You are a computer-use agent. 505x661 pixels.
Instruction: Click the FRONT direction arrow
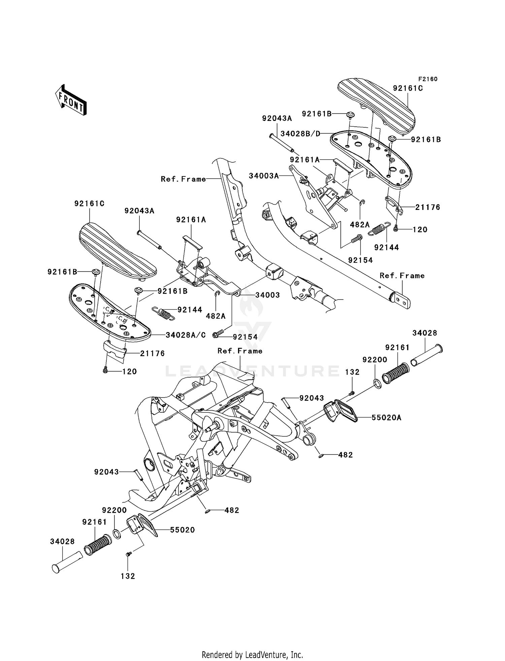coord(71,100)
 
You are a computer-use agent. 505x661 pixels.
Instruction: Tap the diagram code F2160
coord(428,79)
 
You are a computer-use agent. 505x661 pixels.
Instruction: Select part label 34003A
coord(264,176)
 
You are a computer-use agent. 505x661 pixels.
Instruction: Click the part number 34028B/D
coord(300,134)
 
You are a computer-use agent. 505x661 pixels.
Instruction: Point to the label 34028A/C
coord(186,335)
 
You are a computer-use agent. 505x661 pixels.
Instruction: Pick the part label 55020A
coord(386,418)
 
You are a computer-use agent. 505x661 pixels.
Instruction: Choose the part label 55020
coord(182,530)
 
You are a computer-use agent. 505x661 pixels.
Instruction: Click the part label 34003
coord(267,295)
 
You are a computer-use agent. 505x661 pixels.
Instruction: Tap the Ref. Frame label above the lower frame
coord(240,351)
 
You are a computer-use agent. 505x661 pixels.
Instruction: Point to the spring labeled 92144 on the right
coord(379,229)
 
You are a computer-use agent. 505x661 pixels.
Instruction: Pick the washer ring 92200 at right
coord(377,383)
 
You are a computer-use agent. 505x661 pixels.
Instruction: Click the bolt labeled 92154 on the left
coord(218,334)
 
